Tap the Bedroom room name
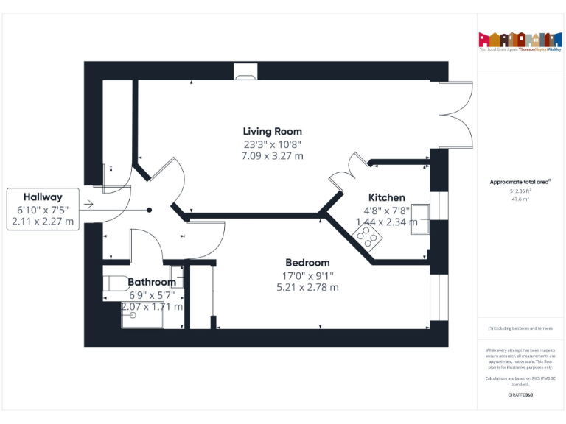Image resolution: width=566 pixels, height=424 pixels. coord(307,262)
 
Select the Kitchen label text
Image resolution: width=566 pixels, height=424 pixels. coord(386,197)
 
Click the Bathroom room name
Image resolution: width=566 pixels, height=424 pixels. coord(152,282)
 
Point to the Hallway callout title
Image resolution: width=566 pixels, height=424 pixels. coord(43,197)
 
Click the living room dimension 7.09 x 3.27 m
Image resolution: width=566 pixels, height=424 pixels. coord(272,156)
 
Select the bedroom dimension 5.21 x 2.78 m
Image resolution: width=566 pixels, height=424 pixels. coord(307,287)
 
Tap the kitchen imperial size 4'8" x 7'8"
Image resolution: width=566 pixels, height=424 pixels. coord(386,210)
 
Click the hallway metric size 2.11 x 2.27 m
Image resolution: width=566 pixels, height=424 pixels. coord(43,222)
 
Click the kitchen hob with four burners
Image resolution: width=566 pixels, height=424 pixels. coord(367,237)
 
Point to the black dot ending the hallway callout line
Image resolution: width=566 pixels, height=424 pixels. coord(149,210)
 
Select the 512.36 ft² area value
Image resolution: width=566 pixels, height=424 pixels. coord(520,191)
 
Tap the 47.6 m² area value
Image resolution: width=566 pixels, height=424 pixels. coord(520,199)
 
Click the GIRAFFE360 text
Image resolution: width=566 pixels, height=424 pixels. coord(520,396)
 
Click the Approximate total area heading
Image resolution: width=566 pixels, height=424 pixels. coord(520,181)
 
